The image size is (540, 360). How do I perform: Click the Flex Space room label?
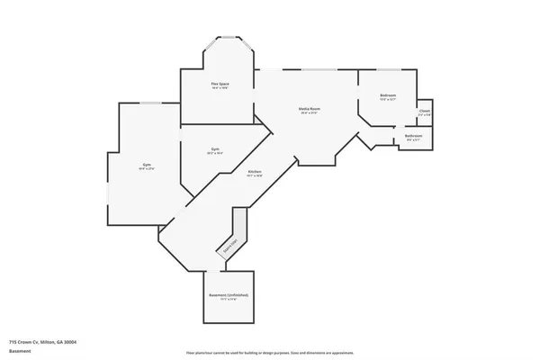tap(219, 84)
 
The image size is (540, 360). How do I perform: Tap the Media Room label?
tap(310, 109)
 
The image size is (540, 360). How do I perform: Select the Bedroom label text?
tap(388, 94)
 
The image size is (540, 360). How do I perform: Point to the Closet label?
tap(424, 112)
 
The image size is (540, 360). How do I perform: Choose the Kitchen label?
tap(255, 172)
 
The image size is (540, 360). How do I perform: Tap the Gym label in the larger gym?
tap(146, 165)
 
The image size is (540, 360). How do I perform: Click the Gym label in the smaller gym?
tap(215, 148)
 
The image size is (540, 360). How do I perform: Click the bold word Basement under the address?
tap(20, 350)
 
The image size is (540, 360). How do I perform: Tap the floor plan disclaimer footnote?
tap(269, 353)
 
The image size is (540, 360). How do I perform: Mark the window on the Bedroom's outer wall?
tap(389, 69)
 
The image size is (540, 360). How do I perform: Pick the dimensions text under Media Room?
tap(310, 113)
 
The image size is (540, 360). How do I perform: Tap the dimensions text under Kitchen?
tap(255, 176)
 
